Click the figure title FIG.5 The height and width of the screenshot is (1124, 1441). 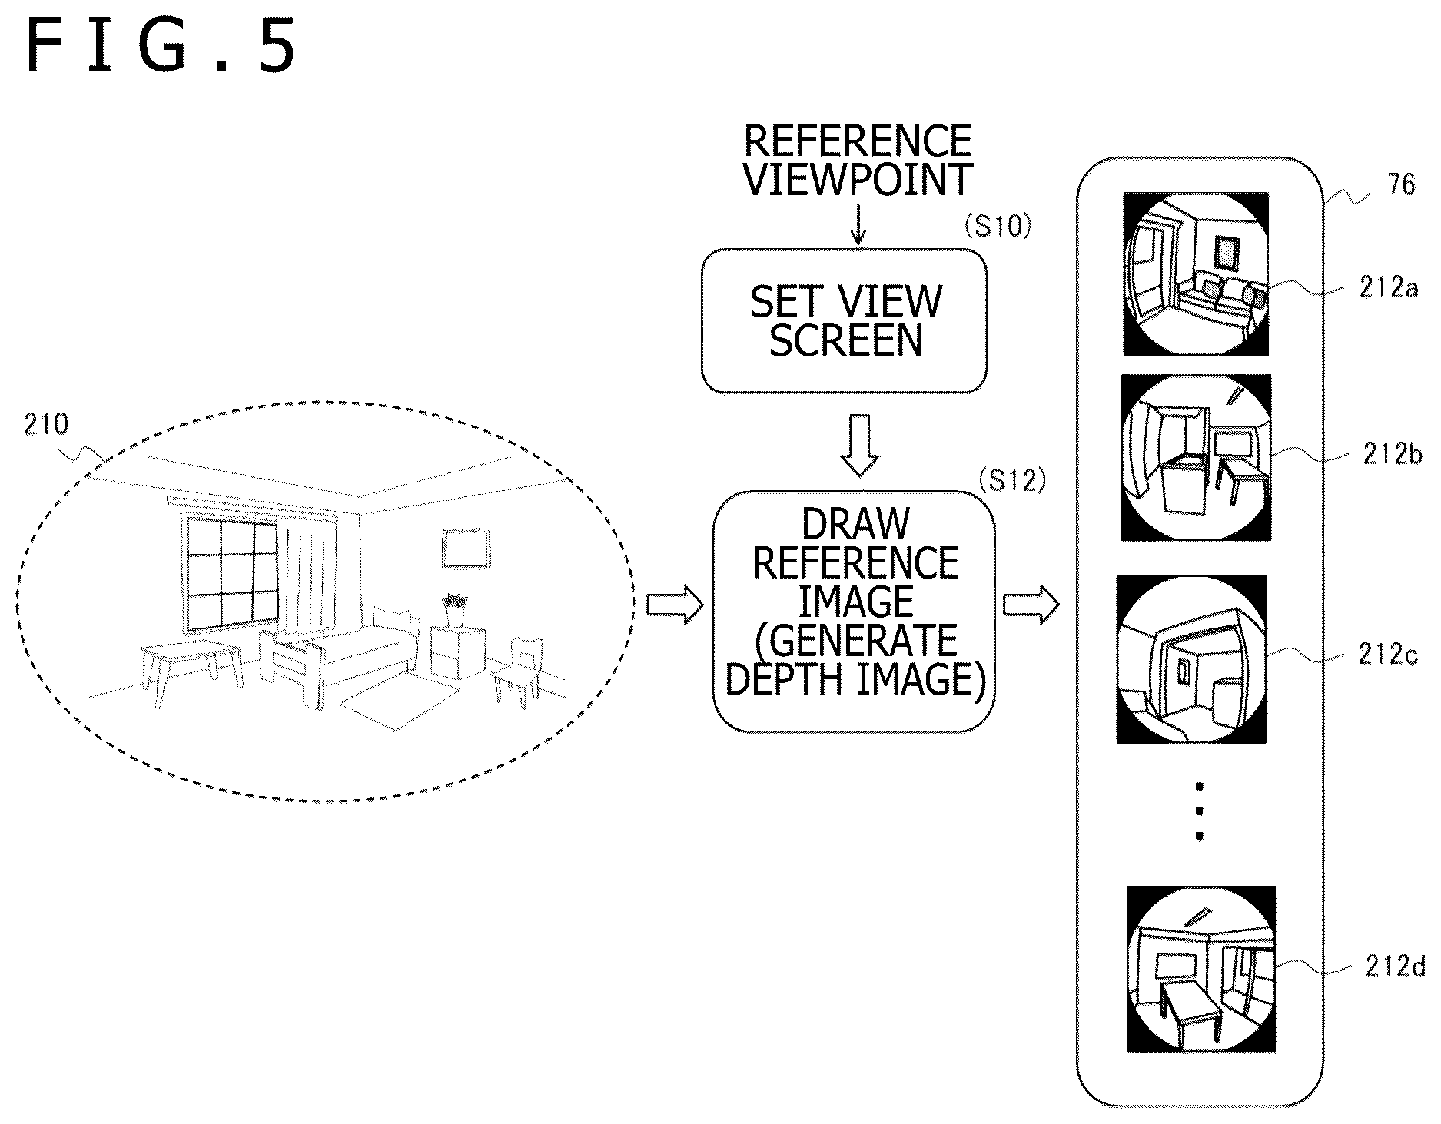160,48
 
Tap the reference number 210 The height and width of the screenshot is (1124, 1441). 45,424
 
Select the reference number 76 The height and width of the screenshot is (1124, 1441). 1401,184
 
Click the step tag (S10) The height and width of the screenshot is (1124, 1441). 995,227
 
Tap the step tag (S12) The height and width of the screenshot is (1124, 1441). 1013,480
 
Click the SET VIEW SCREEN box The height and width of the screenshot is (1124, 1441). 844,320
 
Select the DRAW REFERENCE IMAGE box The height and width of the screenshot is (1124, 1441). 854,611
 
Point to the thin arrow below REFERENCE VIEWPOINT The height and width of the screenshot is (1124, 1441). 858,224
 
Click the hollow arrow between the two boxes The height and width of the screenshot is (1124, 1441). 859,445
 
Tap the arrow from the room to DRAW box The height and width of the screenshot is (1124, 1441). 675,605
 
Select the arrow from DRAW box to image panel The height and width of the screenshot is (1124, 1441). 1031,605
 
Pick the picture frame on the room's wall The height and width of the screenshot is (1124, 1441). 466,548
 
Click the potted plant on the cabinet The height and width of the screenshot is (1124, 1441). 454,611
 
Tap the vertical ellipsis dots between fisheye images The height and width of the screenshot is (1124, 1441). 1200,811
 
